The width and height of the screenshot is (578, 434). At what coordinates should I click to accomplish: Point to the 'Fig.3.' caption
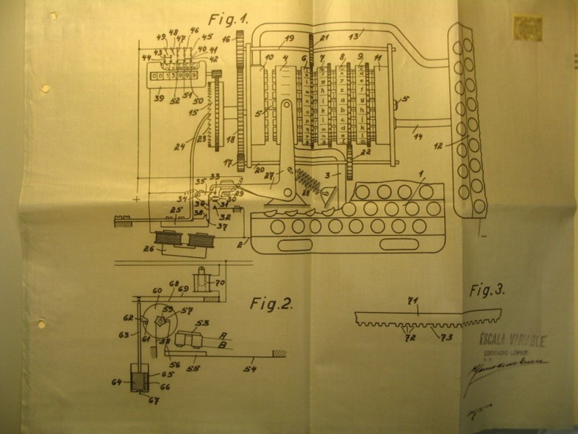click(x=487, y=290)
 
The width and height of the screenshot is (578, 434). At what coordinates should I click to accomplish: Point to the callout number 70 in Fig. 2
click(x=219, y=282)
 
